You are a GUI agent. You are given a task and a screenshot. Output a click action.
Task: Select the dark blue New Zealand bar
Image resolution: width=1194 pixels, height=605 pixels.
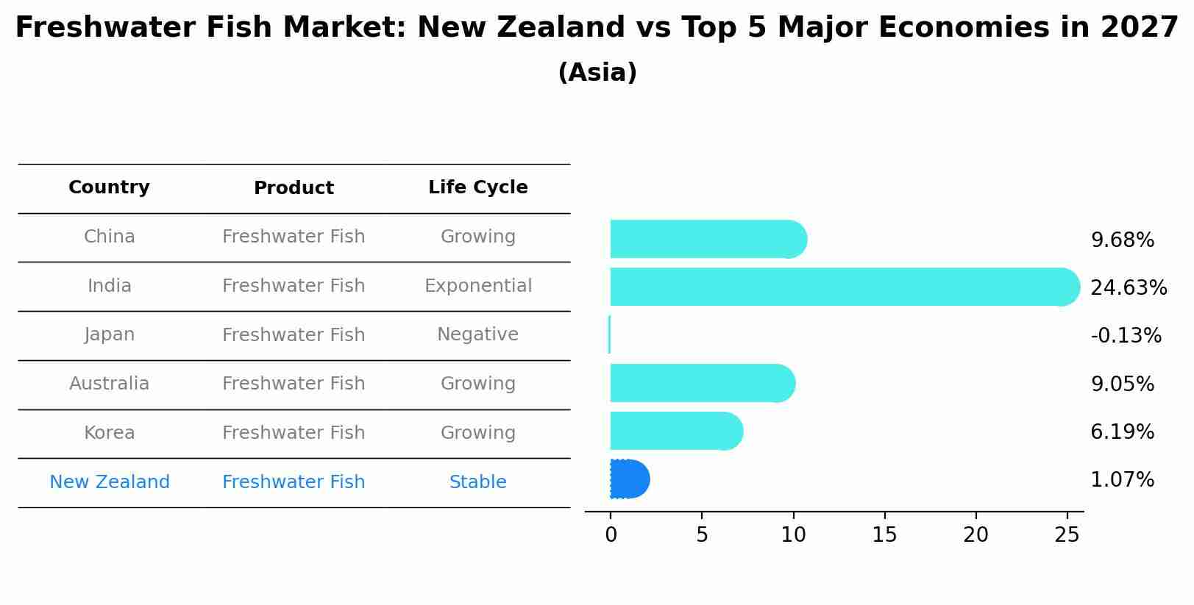(x=629, y=479)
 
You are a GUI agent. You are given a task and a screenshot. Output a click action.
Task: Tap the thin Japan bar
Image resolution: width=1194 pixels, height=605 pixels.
(x=610, y=335)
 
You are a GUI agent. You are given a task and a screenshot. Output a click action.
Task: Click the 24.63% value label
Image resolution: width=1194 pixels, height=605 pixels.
(x=1128, y=287)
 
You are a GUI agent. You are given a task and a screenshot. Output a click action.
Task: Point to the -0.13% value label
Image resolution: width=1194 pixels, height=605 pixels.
(x=1126, y=336)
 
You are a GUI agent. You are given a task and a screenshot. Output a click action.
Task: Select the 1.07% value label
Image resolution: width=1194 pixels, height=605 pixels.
(x=1122, y=480)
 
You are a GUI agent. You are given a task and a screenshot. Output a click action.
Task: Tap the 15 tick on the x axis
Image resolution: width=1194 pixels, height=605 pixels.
(x=884, y=535)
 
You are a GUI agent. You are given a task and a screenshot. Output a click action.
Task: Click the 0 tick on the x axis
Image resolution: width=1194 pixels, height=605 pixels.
(x=611, y=535)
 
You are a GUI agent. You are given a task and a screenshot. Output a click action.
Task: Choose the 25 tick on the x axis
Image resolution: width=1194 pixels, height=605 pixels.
(x=1067, y=535)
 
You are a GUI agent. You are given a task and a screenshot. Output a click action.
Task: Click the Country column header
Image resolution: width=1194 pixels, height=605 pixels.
(x=109, y=187)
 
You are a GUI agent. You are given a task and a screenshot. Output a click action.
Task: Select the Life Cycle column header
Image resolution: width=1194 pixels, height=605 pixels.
(x=477, y=187)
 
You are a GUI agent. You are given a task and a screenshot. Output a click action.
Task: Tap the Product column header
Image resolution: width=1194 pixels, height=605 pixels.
(x=294, y=188)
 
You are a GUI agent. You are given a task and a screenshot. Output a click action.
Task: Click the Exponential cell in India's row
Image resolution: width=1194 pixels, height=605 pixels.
(x=477, y=286)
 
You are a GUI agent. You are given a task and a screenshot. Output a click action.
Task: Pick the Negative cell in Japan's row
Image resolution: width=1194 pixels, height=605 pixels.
(x=477, y=334)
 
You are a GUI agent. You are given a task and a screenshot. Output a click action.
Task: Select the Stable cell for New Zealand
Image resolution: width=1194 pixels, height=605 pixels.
(x=477, y=482)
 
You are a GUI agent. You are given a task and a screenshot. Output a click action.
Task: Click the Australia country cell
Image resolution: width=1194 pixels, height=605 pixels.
(x=109, y=384)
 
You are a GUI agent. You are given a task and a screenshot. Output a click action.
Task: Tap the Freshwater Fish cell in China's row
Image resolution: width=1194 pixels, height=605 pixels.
(x=294, y=237)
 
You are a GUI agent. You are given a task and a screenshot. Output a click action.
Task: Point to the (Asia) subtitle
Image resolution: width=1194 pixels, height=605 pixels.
(x=597, y=73)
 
